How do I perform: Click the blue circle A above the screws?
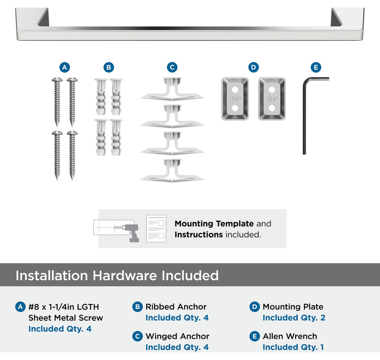64,67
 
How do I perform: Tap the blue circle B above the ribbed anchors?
109,67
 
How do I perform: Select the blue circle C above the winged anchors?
172,67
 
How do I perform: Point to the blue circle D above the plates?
253,67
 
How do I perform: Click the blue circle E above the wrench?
316,67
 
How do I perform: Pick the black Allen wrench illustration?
304,116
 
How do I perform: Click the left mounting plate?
235,99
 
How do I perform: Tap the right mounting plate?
272,99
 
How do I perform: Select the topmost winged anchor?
172,89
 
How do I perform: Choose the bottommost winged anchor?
172,170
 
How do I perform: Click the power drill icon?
131,233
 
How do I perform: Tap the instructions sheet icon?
156,228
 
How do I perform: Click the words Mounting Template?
214,224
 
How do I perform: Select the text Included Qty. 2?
294,318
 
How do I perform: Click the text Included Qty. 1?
293,347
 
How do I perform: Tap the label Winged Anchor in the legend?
177,336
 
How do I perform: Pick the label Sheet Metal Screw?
66,318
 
